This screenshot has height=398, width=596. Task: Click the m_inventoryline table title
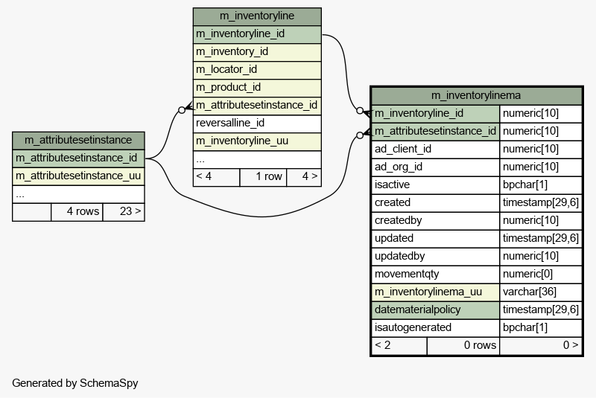click(x=257, y=16)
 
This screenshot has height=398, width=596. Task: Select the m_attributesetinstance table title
click(x=78, y=140)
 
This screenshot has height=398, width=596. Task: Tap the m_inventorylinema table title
click(x=476, y=95)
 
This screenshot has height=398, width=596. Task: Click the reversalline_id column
click(x=257, y=123)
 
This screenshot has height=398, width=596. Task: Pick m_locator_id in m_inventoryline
click(x=257, y=70)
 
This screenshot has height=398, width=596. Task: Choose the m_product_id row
click(x=257, y=88)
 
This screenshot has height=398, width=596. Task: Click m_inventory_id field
click(x=257, y=52)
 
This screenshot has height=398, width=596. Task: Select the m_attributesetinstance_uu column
click(x=78, y=176)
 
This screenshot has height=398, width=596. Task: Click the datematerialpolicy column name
click(x=417, y=309)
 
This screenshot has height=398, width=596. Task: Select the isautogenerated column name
click(x=413, y=327)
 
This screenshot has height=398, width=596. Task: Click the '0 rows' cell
click(x=463, y=345)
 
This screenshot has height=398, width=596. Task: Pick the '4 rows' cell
click(x=77, y=212)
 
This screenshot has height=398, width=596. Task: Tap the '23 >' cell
click(x=124, y=212)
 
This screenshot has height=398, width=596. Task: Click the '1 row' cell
click(x=263, y=177)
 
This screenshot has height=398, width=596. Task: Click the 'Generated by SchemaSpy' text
click(x=75, y=383)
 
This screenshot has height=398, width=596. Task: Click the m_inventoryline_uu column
click(x=257, y=141)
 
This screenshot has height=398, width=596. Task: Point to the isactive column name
click(x=392, y=184)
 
